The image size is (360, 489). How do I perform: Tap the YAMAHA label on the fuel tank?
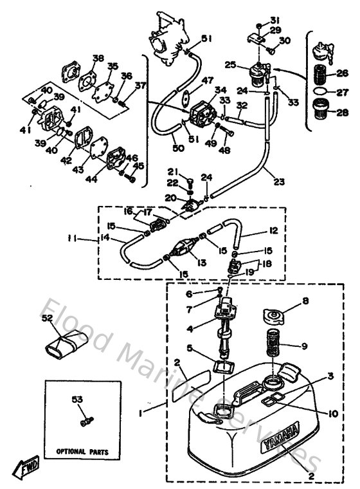[x=282, y=443]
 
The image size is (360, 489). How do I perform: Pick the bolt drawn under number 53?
[x=85, y=421]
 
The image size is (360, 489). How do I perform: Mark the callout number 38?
[x=98, y=58]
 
